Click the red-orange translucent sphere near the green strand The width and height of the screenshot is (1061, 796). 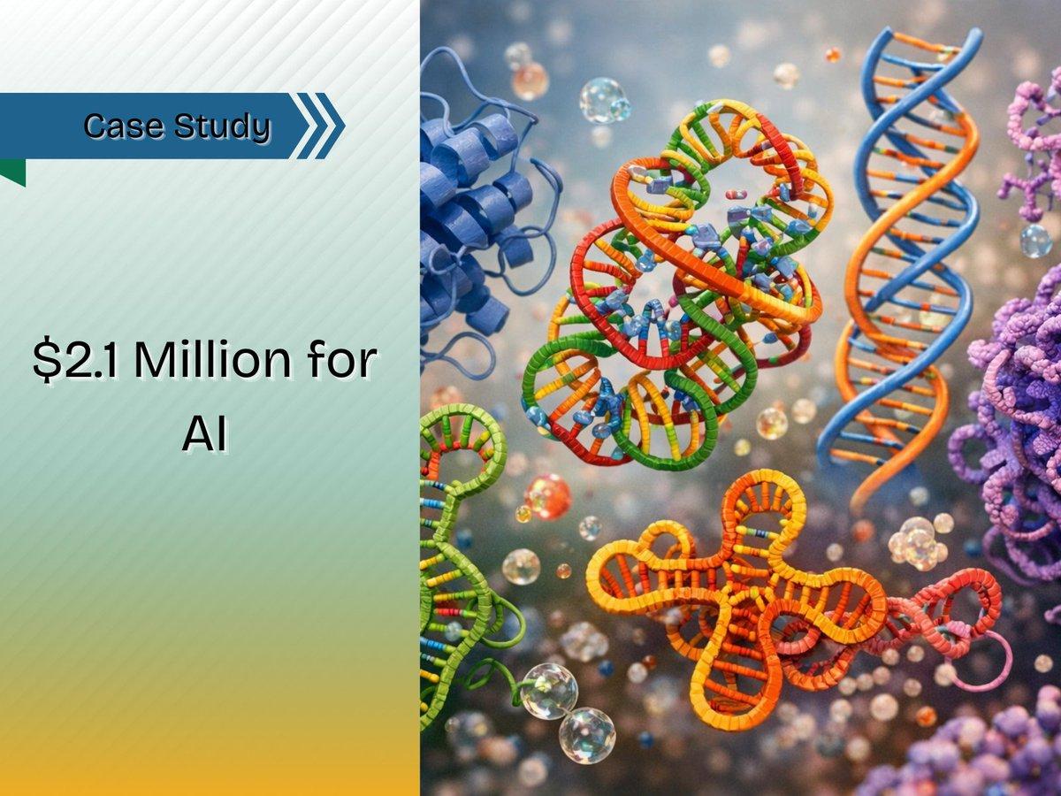(547, 496)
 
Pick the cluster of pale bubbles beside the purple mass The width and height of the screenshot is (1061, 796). (915, 541)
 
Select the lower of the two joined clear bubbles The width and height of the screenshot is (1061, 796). (586, 735)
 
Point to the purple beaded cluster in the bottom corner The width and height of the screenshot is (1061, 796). (973, 752)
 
